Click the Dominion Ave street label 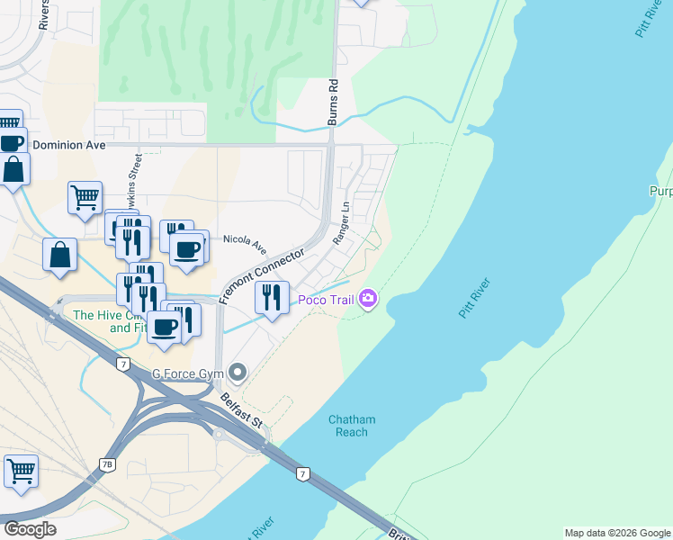click(x=68, y=144)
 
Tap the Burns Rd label click(x=333, y=103)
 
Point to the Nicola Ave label click(x=245, y=245)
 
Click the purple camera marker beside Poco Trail click(x=367, y=298)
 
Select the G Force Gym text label click(x=187, y=373)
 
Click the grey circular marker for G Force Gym click(x=238, y=371)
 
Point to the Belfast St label click(x=242, y=410)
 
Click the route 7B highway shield click(x=108, y=464)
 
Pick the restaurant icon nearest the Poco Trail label click(x=271, y=296)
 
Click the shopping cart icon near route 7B click(x=21, y=470)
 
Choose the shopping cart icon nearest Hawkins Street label click(x=85, y=196)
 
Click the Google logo click(x=30, y=529)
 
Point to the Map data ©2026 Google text click(x=617, y=533)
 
